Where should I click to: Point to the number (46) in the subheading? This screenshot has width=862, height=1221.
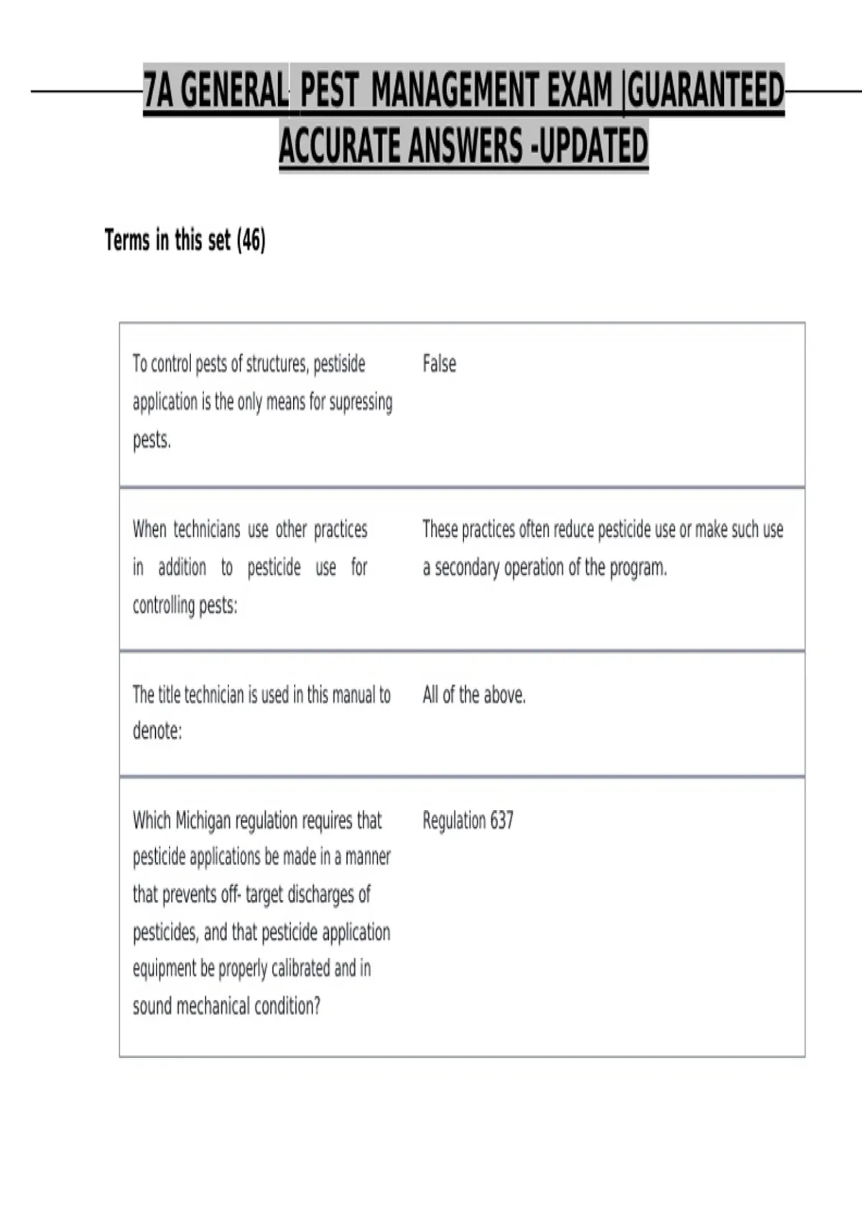(x=251, y=240)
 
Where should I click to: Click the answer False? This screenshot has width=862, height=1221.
(x=439, y=364)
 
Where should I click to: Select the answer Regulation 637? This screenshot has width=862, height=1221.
(x=468, y=820)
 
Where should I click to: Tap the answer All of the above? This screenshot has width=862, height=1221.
(x=473, y=695)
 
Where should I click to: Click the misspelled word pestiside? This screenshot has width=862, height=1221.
(x=339, y=364)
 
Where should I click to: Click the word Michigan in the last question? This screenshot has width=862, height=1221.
(x=203, y=820)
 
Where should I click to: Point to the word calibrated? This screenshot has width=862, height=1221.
(x=300, y=969)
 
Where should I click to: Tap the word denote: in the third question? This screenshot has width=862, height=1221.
(x=157, y=731)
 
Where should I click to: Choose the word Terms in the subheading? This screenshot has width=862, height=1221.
(x=127, y=240)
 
